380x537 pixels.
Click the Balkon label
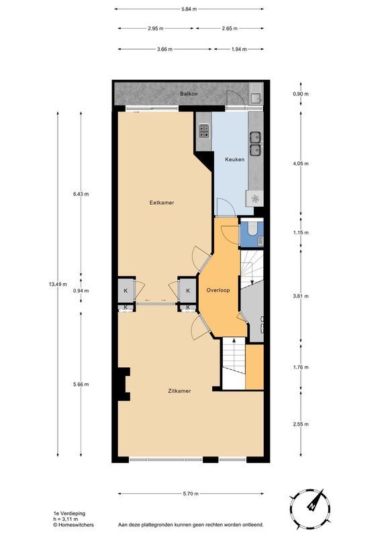[189, 93]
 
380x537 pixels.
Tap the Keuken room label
[235, 159]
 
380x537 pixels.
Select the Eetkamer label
[162, 203]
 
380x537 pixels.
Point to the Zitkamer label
[179, 391]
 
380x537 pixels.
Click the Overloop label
[218, 290]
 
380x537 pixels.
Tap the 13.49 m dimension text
[58, 284]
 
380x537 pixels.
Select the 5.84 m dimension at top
[189, 9]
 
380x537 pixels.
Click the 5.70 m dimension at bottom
[191, 494]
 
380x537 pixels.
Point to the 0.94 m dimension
[81, 291]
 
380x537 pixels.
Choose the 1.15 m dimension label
[301, 232]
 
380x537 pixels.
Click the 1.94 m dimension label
[239, 49]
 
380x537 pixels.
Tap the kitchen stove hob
[205, 130]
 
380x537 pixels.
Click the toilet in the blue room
[253, 228]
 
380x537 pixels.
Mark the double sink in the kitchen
[256, 144]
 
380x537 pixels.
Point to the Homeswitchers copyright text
[73, 524]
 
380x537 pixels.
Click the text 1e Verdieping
[70, 514]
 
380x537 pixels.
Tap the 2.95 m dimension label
[156, 28]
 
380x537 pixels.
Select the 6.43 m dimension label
[81, 194]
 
